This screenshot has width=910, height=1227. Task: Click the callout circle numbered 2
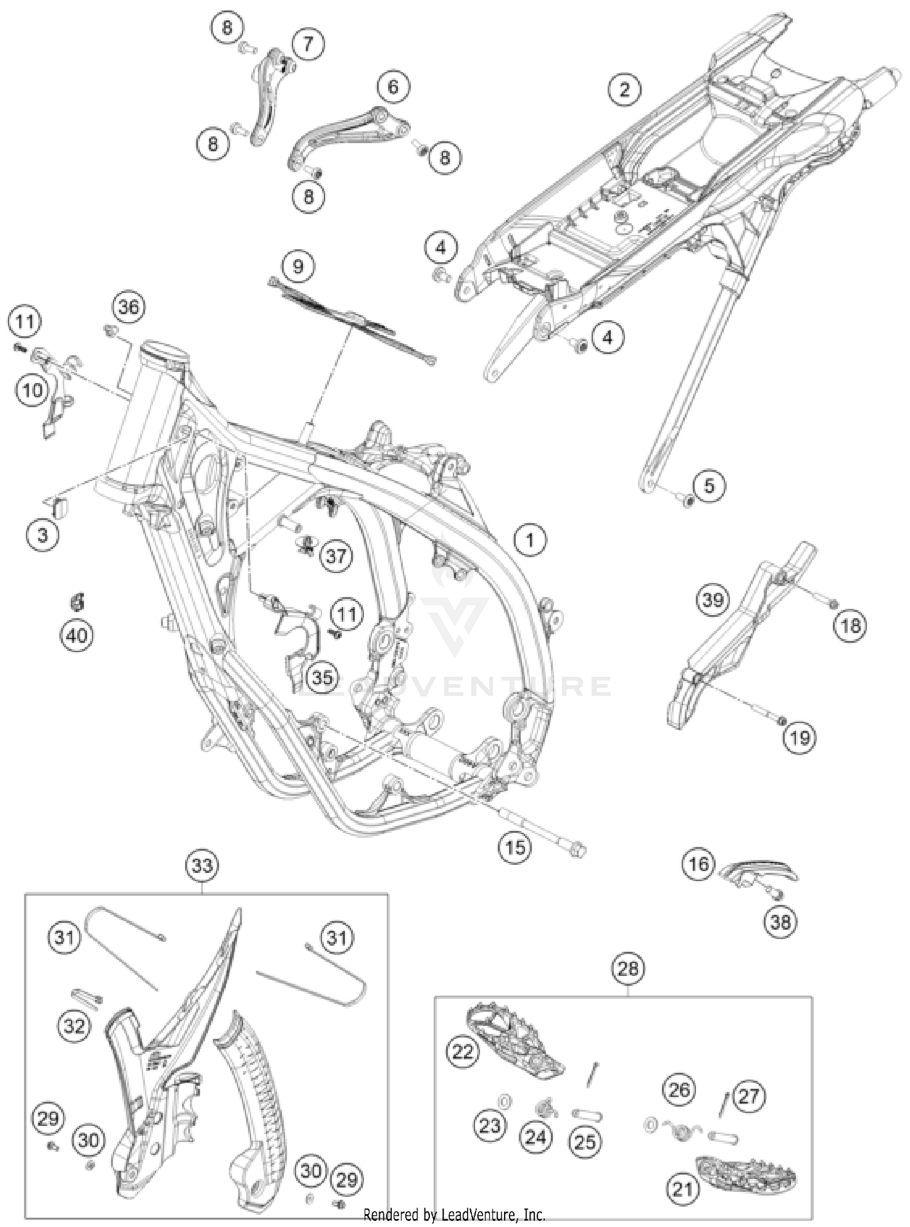pyautogui.click(x=624, y=90)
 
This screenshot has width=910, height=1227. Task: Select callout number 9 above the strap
pyautogui.click(x=297, y=266)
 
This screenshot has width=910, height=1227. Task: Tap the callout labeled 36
pyautogui.click(x=128, y=307)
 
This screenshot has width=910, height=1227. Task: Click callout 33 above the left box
pyautogui.click(x=202, y=865)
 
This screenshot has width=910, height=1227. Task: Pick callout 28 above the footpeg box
pyautogui.click(x=628, y=968)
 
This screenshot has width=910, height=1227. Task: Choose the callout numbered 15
pyautogui.click(x=515, y=846)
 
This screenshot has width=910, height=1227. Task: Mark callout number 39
pyautogui.click(x=712, y=600)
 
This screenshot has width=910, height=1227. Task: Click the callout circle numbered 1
pyautogui.click(x=530, y=539)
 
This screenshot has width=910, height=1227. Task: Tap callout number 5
pyautogui.click(x=709, y=485)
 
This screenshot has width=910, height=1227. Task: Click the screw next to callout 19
pyautogui.click(x=781, y=720)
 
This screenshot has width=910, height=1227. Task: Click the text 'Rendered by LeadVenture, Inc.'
pyautogui.click(x=454, y=1215)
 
